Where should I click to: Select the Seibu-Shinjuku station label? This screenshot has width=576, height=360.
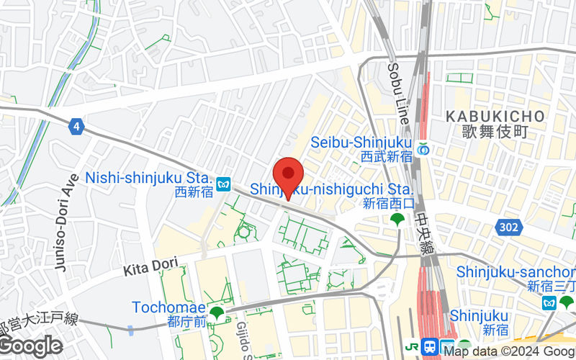pyautogui.click(x=361, y=143)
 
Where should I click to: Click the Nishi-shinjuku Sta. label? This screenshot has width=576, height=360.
pyautogui.click(x=148, y=177)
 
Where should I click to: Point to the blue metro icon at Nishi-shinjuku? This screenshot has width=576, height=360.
pyautogui.click(x=224, y=184)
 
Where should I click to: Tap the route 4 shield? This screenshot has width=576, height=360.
pyautogui.click(x=76, y=127)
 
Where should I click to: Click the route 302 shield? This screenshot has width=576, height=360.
pyautogui.click(x=508, y=228)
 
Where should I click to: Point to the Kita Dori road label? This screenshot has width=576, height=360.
pyautogui.click(x=150, y=269)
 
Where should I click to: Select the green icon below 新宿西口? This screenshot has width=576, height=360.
pyautogui.click(x=396, y=219)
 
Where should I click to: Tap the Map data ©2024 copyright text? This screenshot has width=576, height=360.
pyautogui.click(x=508, y=352)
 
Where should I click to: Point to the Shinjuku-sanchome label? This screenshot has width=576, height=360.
pyautogui.click(x=516, y=271)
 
